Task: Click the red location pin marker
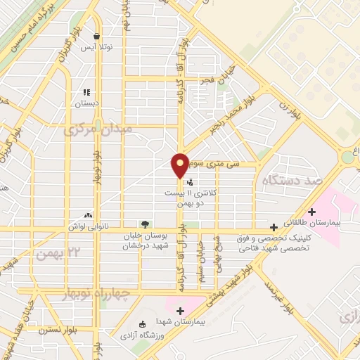coord(181,164)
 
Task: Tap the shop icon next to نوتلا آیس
coord(96,37)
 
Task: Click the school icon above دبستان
coord(86,92)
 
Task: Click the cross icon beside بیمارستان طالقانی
coord(274,228)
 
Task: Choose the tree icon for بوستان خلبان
coord(145,224)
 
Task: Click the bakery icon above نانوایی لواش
coord(88,215)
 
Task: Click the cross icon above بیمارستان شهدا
coord(181,311)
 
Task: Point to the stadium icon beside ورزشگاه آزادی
coord(143,324)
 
